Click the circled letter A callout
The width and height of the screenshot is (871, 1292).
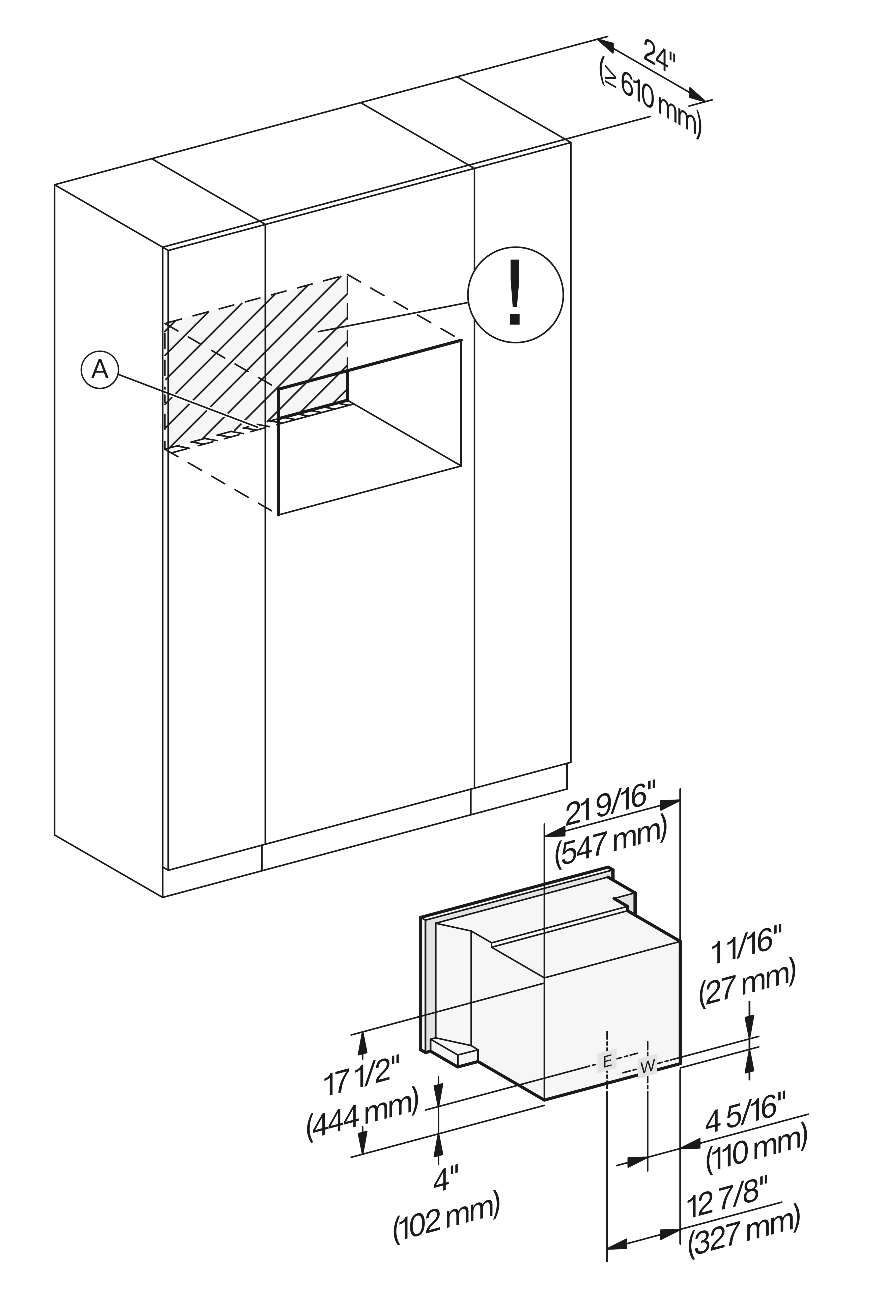coord(100,369)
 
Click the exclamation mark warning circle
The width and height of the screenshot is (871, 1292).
coord(516,295)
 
